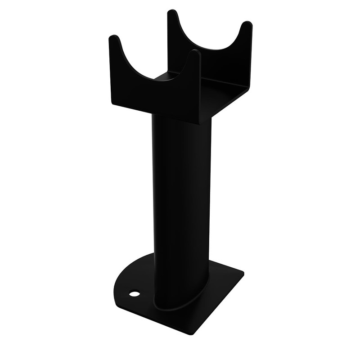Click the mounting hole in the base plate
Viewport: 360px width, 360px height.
[x=134, y=294]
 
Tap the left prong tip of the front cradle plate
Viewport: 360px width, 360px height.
[x=114, y=38]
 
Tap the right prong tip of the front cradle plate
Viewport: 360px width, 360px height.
[x=194, y=53]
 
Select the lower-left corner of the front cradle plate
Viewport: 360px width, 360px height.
[x=112, y=104]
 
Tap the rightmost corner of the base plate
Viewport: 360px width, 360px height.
[x=243, y=273]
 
